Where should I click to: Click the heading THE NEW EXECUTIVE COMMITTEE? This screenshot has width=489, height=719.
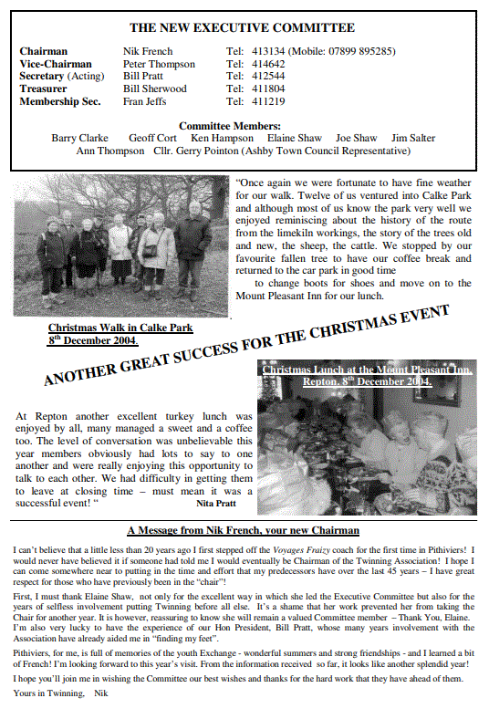pyautogui.click(x=242, y=28)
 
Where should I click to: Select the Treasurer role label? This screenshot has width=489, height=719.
pyautogui.click(x=44, y=89)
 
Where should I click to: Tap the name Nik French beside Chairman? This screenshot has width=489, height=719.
pyautogui.click(x=148, y=52)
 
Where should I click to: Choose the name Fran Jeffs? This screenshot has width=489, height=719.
pyautogui.click(x=146, y=102)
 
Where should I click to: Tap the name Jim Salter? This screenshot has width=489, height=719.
pyautogui.click(x=412, y=138)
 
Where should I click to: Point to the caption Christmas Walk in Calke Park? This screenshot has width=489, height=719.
pyautogui.click(x=120, y=328)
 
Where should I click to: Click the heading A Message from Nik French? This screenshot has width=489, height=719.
pyautogui.click(x=243, y=530)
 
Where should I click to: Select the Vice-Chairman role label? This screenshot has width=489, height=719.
pyautogui.click(x=56, y=65)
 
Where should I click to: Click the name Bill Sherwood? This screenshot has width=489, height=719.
pyautogui.click(x=155, y=89)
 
